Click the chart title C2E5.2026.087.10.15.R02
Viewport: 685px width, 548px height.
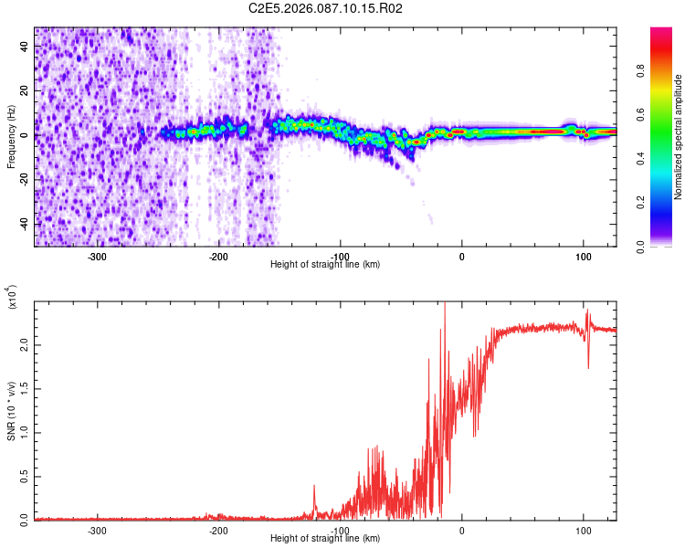click(x=326, y=8)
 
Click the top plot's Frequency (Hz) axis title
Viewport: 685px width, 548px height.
click(x=11, y=136)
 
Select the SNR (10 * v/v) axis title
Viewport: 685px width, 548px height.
click(x=11, y=410)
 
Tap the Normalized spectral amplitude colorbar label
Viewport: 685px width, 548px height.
click(x=679, y=137)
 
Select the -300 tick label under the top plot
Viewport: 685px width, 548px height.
click(x=97, y=256)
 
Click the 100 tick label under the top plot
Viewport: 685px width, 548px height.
click(x=583, y=256)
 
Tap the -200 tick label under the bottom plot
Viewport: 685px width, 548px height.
click(x=218, y=530)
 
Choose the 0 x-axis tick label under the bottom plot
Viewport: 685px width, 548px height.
click(x=461, y=530)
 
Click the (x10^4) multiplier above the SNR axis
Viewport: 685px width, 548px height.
click(x=13, y=298)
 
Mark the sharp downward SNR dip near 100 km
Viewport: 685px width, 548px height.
click(x=588, y=367)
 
